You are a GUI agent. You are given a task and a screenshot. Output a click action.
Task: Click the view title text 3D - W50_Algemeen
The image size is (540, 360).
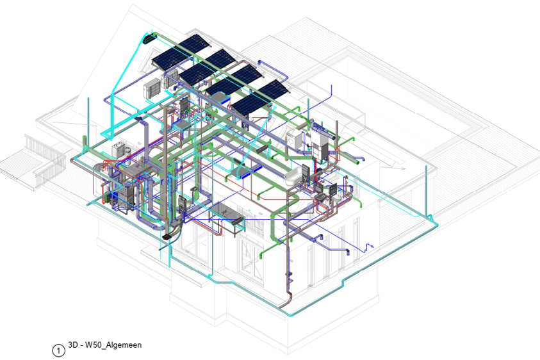pyautogui.click(x=104, y=345)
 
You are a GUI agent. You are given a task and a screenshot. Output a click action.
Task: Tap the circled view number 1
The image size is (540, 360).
pyautogui.click(x=58, y=350)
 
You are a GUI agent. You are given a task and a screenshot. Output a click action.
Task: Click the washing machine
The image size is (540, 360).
pyautogui.click(x=294, y=138)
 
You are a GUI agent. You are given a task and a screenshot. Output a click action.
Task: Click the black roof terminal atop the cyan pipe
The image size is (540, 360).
pyautogui.click(x=149, y=38)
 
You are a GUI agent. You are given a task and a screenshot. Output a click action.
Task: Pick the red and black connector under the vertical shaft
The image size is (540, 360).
pyautogui.click(x=167, y=236)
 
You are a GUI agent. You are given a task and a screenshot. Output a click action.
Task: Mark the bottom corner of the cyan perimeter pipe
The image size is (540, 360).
pyautogui.click(x=290, y=315)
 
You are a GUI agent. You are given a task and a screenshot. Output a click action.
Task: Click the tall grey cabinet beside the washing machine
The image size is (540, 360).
pyautogui.click(x=320, y=145)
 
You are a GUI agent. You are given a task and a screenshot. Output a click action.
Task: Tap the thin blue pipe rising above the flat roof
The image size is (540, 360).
pyautogui.click(x=331, y=94)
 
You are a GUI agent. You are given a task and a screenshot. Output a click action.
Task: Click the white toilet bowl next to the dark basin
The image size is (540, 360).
pyautogui.click(x=336, y=195)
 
